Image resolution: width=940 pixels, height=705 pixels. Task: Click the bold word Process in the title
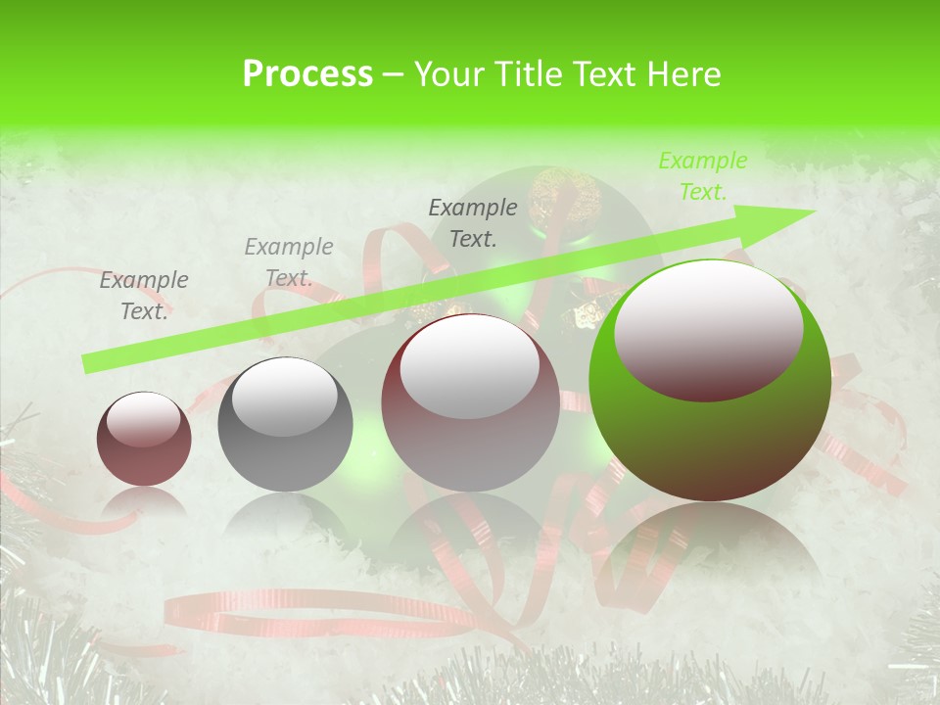tap(307, 73)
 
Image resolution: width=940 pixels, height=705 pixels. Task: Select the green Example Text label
tap(702, 176)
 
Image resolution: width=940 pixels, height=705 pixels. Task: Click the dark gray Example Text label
tap(473, 222)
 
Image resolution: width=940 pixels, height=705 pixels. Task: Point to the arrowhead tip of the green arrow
tap(815, 211)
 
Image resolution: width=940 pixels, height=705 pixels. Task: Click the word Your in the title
tap(448, 73)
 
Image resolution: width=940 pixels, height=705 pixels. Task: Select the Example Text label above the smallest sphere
tap(144, 296)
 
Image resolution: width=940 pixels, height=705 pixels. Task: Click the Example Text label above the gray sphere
tap(289, 262)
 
